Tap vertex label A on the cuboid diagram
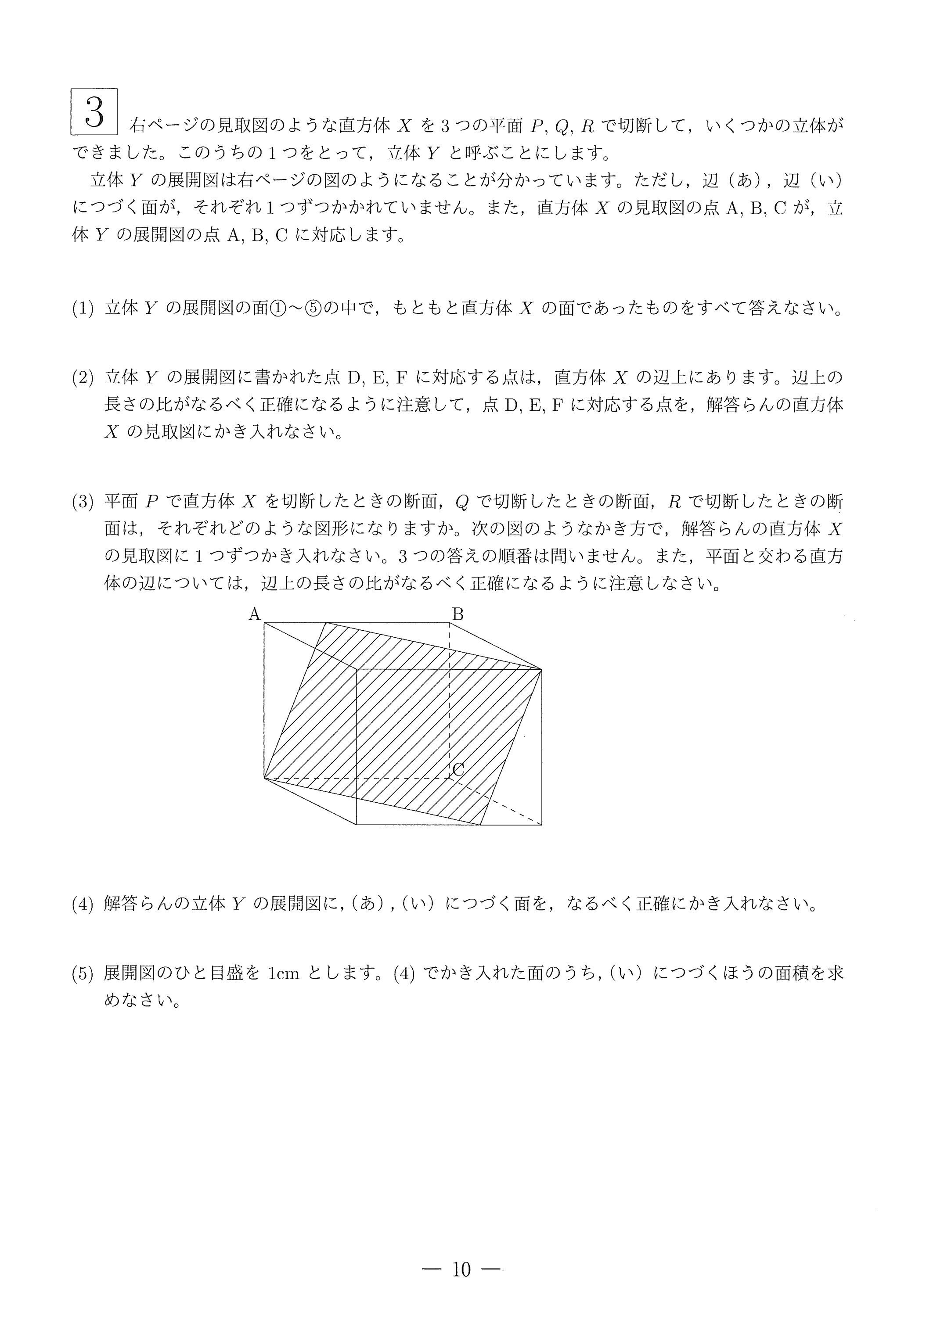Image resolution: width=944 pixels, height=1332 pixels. (255, 614)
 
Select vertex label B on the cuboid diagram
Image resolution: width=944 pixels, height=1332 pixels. (458, 614)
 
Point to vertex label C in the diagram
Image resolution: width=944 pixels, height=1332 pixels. (458, 770)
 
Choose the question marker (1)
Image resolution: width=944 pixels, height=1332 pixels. (83, 309)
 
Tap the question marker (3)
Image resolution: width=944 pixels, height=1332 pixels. (83, 501)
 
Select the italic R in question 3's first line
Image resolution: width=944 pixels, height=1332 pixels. (674, 501)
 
